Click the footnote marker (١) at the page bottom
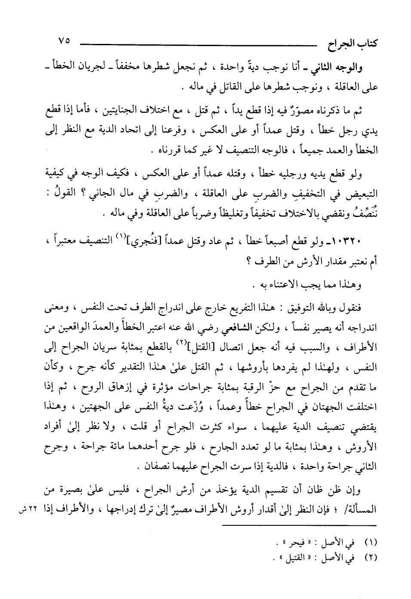point(370,541)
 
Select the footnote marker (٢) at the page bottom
point(370,557)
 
